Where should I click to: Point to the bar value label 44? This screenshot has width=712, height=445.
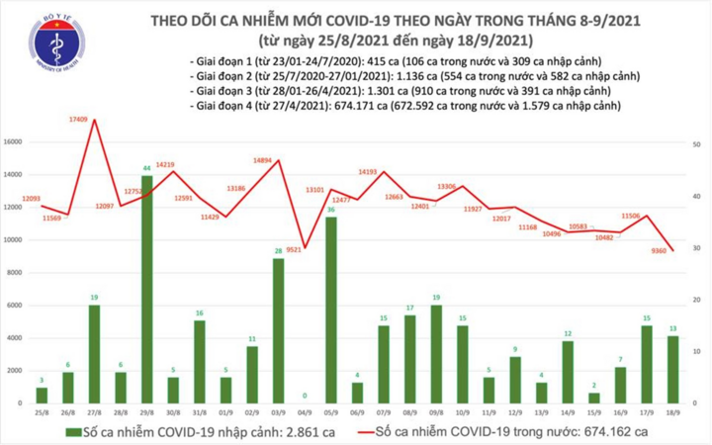[146, 169]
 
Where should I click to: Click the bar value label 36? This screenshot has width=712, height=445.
[331, 210]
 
